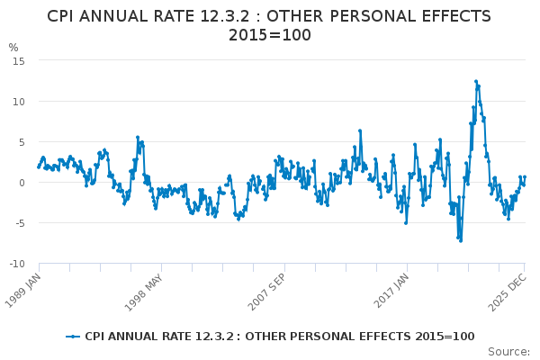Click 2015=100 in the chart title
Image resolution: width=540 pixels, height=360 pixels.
(x=269, y=35)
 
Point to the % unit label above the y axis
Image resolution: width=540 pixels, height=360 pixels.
(x=13, y=48)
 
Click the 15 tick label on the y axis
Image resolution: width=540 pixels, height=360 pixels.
(x=18, y=60)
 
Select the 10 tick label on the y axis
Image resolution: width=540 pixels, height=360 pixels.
(x=18, y=101)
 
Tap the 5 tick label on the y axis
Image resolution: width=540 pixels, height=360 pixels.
(x=21, y=141)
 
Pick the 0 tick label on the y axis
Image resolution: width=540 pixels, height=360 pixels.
(x=21, y=182)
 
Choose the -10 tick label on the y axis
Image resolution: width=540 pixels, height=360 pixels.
(x=16, y=264)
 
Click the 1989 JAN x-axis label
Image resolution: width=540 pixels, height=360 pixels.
(x=23, y=289)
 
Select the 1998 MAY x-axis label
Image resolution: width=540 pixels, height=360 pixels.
(x=148, y=289)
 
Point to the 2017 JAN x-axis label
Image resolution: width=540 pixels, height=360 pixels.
(x=392, y=289)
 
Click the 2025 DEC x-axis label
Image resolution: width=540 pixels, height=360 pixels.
(x=506, y=289)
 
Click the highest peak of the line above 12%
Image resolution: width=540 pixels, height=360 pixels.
(x=476, y=81)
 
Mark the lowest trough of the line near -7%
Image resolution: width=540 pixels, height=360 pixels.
(x=460, y=240)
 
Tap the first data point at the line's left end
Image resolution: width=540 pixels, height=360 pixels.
(x=38, y=166)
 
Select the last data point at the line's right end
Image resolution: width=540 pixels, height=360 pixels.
(x=525, y=177)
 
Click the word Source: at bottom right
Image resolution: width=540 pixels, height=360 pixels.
(x=508, y=352)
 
